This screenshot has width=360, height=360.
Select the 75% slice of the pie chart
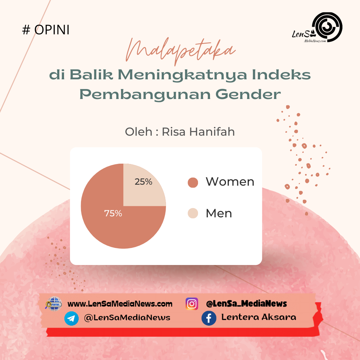[x=108, y=220]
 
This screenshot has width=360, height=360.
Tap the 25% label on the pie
[x=143, y=182]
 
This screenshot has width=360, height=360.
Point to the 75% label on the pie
[x=113, y=213]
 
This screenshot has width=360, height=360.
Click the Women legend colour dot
[x=193, y=183]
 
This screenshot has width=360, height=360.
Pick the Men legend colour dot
[x=193, y=213]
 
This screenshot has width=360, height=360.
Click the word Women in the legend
[x=230, y=182]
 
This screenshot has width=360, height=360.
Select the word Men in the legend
[x=219, y=213]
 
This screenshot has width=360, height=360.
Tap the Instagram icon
[x=192, y=304]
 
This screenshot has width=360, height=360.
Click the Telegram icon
[x=71, y=318]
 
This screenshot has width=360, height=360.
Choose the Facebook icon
[x=209, y=318]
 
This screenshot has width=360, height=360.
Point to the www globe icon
[x=54, y=304]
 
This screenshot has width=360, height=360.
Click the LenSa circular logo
[x=328, y=27]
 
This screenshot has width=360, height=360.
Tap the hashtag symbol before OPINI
[x=26, y=30]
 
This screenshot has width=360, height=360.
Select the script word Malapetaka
[x=180, y=51]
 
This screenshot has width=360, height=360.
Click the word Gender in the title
[x=248, y=94]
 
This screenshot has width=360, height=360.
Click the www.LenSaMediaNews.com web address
[x=120, y=304]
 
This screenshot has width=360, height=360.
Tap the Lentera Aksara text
[x=259, y=317]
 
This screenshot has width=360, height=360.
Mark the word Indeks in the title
[x=281, y=75]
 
